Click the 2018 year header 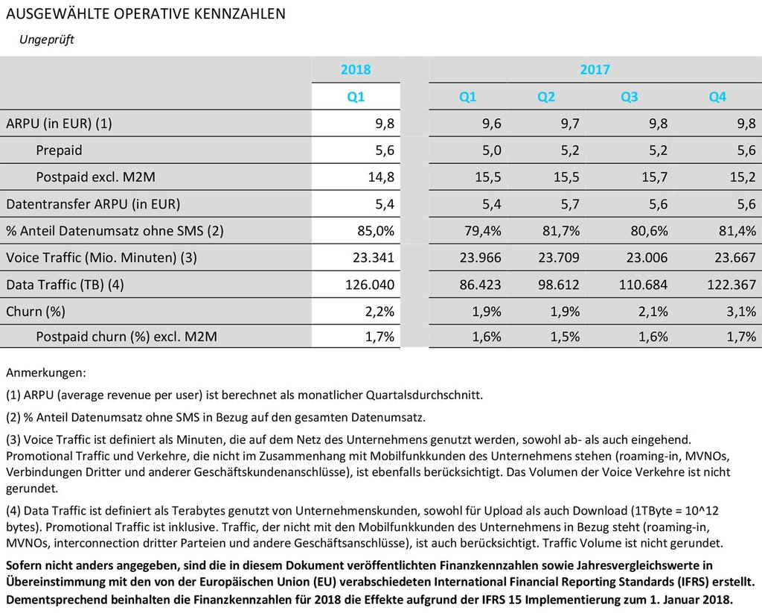coord(356,70)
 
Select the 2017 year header coord(595,70)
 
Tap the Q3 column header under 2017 coord(630,97)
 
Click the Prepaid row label coord(59,150)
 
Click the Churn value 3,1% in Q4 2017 coord(740,311)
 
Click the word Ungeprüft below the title coord(46,39)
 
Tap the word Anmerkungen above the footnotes coord(45,372)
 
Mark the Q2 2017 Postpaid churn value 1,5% coord(566,338)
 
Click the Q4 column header coord(717,97)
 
